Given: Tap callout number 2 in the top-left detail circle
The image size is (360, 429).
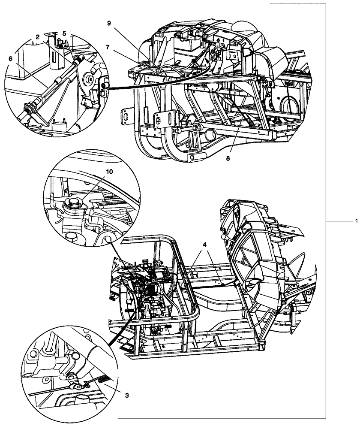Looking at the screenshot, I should (x=38, y=37).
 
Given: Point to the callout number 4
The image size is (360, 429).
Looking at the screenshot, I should (x=205, y=244).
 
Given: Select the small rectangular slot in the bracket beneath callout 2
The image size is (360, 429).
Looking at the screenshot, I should (x=54, y=57).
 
